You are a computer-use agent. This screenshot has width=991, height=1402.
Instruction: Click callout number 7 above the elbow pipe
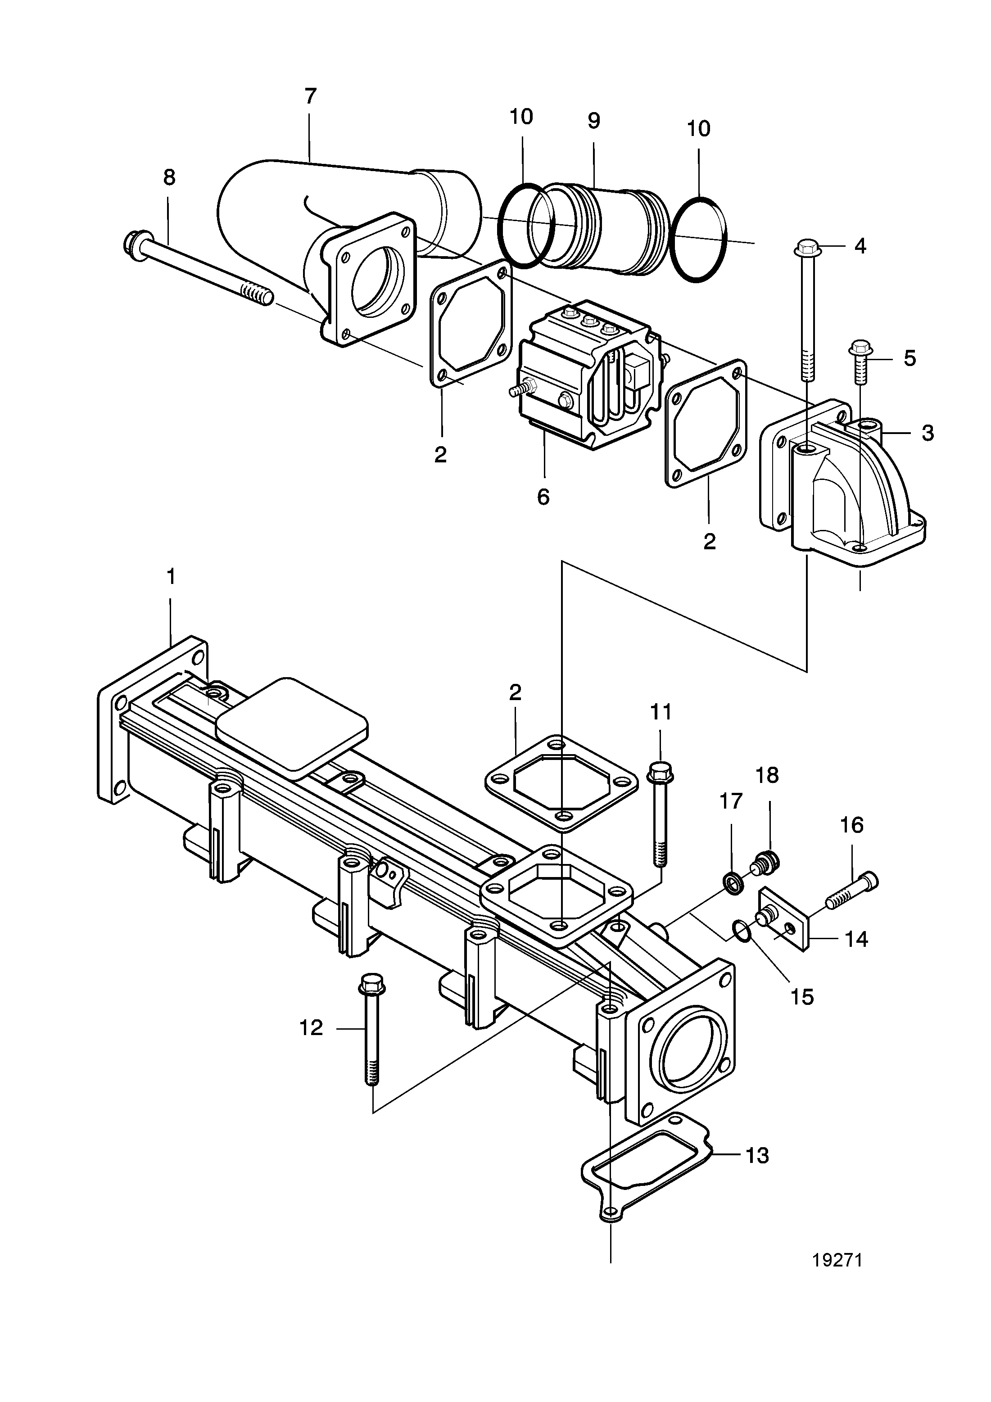pos(310,96)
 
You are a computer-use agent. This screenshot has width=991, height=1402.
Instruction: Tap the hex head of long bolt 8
pos(133,243)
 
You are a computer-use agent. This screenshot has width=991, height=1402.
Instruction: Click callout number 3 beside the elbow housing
pos(928,433)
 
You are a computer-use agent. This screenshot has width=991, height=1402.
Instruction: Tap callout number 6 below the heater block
pos(543,497)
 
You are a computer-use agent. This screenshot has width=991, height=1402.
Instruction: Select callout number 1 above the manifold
pos(171,576)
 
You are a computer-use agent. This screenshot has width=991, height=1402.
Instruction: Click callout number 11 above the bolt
pos(661,712)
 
